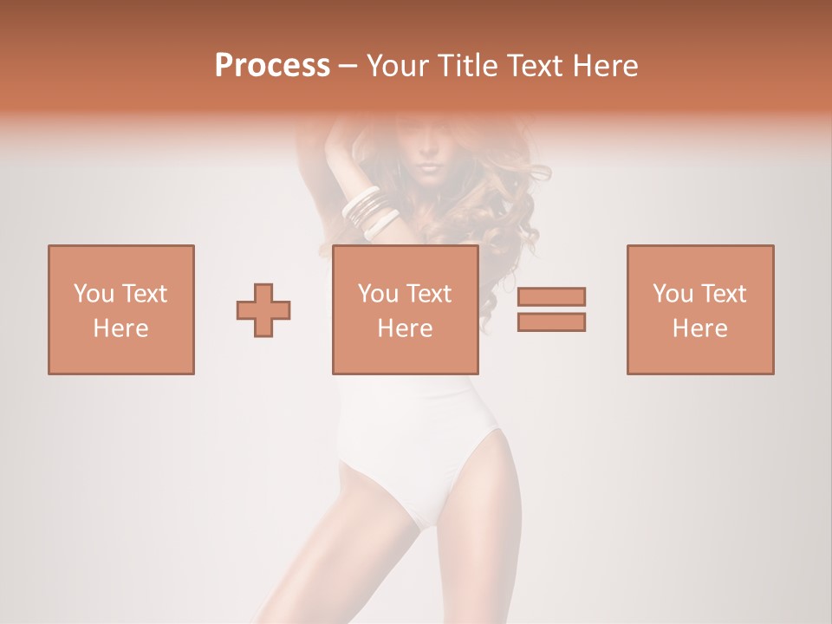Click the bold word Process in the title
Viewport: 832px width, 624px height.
pyautogui.click(x=272, y=66)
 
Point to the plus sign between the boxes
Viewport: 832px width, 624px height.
pyautogui.click(x=263, y=310)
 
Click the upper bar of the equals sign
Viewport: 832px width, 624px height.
pyautogui.click(x=551, y=297)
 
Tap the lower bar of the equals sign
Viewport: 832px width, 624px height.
pyautogui.click(x=551, y=322)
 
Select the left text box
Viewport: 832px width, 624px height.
pyautogui.click(x=120, y=309)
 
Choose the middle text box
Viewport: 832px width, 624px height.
pyautogui.click(x=405, y=309)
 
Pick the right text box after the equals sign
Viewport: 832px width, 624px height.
pyautogui.click(x=699, y=309)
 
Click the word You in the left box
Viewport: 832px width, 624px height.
pyautogui.click(x=94, y=294)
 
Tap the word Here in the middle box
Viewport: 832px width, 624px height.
pyautogui.click(x=405, y=328)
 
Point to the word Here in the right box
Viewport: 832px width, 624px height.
pyautogui.click(x=699, y=328)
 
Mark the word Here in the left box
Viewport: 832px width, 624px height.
pyautogui.click(x=120, y=328)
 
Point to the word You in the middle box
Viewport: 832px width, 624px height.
pyautogui.click(x=378, y=294)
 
